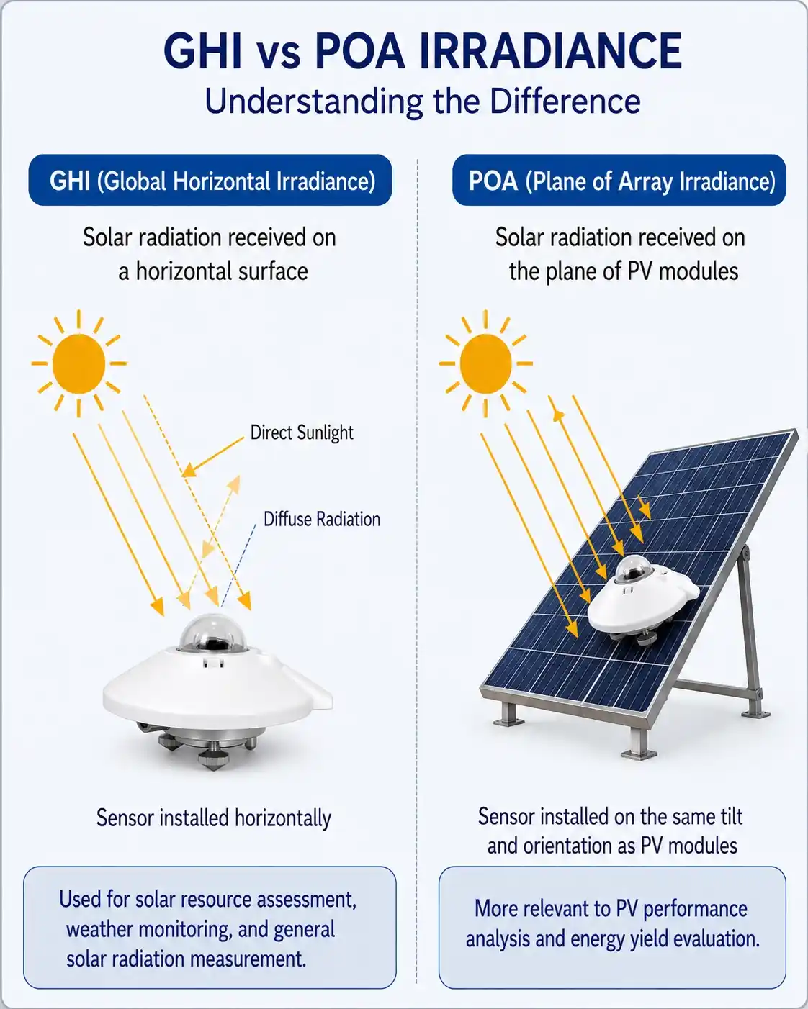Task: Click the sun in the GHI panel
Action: point(78,363)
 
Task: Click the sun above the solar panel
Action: point(485,363)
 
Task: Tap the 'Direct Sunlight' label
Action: point(302,433)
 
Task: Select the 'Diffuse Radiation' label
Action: point(322,519)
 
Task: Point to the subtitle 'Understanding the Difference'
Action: point(423,101)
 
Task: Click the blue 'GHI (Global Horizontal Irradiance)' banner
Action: point(210,180)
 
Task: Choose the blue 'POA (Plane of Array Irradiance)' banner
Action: point(619,180)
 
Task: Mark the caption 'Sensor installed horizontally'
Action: point(213,818)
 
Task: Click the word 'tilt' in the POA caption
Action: point(730,816)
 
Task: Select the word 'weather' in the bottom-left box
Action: point(99,929)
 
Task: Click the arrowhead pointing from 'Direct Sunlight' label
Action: point(189,470)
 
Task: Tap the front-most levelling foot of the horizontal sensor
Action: point(213,758)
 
